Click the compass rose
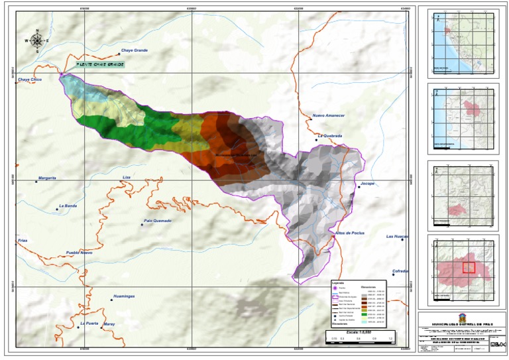pos(38,41)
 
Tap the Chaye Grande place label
pos(134,50)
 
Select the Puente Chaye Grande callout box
pos(97,64)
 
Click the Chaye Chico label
pos(30,80)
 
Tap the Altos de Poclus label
pos(350,233)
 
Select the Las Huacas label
pos(397,236)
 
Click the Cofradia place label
pos(400,270)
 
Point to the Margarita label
pos(47,178)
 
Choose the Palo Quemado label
pos(157,221)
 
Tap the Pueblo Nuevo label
pos(79,253)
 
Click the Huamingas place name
pos(124,296)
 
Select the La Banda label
pos(69,206)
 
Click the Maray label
pos(109,324)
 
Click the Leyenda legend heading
pos(339,282)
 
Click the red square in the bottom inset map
pos(469,267)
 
